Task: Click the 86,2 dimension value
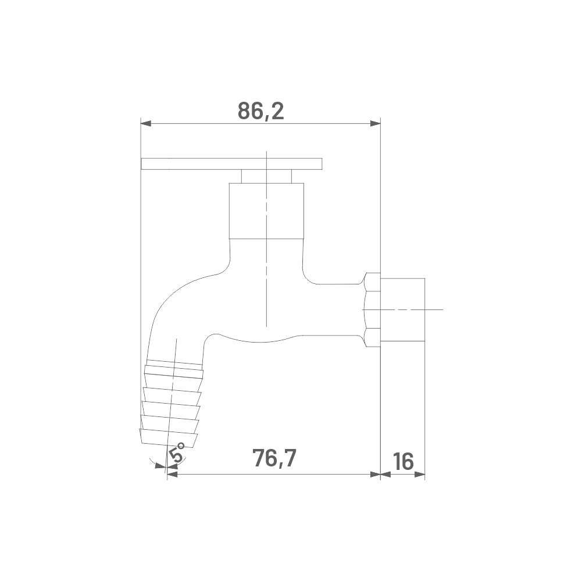260,111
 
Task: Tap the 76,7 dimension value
274,458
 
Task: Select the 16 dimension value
403,461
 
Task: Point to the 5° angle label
177,452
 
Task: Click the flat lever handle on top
231,164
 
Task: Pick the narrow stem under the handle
266,176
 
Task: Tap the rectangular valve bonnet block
266,211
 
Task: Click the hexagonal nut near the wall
372,309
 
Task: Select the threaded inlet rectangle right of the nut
403,309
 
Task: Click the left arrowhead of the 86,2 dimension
146,123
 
